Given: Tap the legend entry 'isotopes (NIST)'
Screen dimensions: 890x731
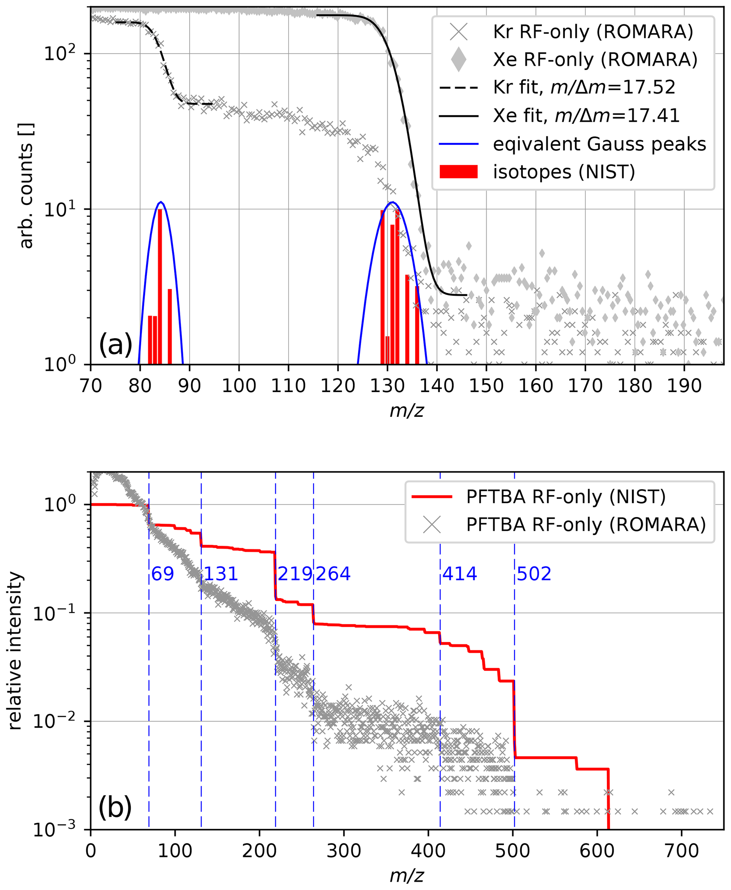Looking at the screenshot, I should (564, 172).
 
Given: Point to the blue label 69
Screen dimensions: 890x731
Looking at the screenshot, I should (163, 574).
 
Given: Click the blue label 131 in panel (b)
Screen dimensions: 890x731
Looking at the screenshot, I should (221, 574).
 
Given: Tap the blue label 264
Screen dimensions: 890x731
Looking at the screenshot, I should (333, 574).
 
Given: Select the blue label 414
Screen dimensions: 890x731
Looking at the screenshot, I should (459, 574).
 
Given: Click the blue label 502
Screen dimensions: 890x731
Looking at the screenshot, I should (534, 574).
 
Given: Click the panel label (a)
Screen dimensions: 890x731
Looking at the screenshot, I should (115, 344).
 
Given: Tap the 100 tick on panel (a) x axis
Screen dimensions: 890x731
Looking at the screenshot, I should (239, 386).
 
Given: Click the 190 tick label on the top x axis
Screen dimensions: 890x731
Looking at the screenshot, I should (684, 386).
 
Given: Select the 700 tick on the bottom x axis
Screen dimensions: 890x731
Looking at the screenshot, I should (682, 850).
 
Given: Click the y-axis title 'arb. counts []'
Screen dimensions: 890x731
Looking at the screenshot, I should (26, 185).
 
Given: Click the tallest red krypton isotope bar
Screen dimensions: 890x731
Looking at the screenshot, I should (160, 287).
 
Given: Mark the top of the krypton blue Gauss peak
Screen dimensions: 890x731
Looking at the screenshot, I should (161, 202).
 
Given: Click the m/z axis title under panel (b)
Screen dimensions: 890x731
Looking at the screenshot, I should (407, 876).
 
